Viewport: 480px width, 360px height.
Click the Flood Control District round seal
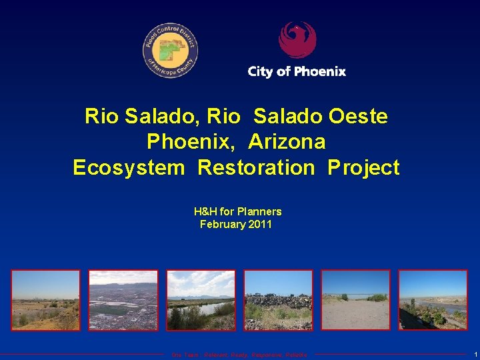[170, 51]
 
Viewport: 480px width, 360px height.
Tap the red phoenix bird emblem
[297, 40]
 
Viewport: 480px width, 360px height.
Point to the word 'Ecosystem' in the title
[128, 167]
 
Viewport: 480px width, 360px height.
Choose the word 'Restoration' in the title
[255, 167]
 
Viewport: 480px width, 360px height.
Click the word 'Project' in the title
[363, 167]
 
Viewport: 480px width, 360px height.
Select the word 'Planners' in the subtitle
[259, 211]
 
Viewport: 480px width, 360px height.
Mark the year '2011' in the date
[259, 225]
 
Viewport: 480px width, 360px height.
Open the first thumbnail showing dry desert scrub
[45, 300]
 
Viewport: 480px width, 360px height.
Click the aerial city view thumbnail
[123, 300]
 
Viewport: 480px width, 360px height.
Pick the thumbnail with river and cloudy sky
[201, 300]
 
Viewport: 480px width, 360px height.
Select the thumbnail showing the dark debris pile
[278, 300]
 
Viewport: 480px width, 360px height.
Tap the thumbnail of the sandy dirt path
[355, 300]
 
